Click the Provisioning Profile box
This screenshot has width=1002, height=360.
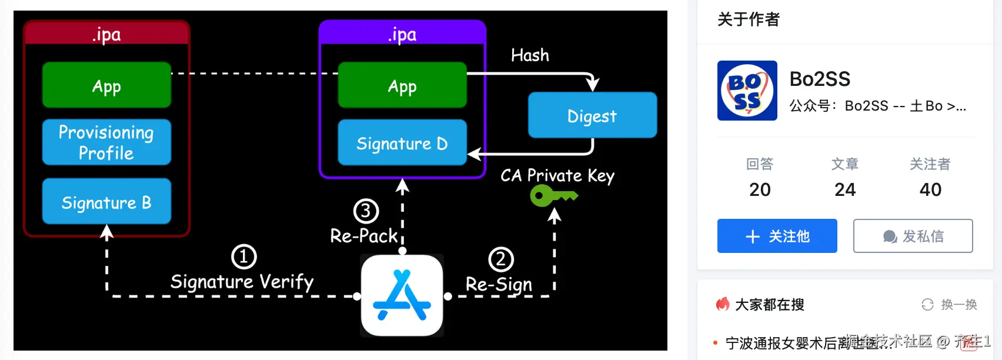106,142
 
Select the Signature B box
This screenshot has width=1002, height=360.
106,202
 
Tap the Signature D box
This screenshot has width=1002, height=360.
402,143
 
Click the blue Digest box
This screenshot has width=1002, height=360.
592,115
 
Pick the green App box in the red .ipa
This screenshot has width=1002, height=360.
106,85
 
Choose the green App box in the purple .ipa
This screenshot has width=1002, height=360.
402,85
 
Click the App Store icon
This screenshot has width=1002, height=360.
402,295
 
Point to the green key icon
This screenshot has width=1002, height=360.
553,195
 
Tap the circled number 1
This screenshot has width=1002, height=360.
243,256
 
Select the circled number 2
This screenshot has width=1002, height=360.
501,259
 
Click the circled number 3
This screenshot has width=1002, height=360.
366,211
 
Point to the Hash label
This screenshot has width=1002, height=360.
530,55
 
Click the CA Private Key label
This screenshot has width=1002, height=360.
557,175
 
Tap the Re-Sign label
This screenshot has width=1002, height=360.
499,285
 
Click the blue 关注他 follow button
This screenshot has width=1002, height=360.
777,236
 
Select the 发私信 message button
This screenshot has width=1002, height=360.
913,236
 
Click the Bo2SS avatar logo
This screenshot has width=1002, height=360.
747,91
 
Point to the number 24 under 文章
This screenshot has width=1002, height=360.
845,189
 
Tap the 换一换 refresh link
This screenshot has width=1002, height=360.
949,305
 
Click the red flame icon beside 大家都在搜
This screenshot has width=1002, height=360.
723,304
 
